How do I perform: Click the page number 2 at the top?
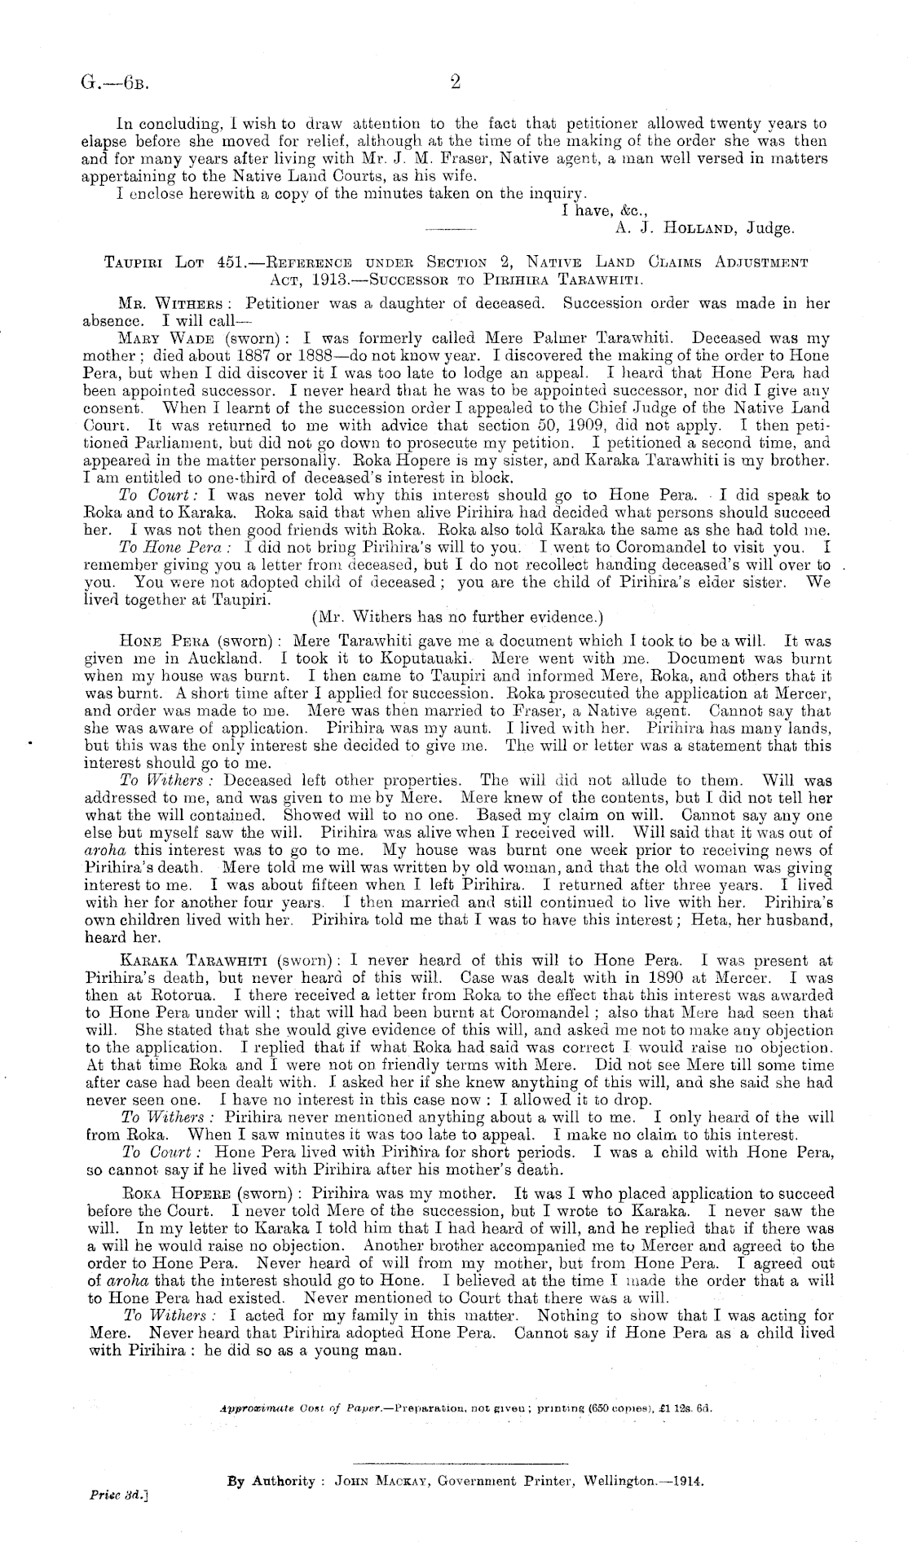[x=456, y=82]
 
